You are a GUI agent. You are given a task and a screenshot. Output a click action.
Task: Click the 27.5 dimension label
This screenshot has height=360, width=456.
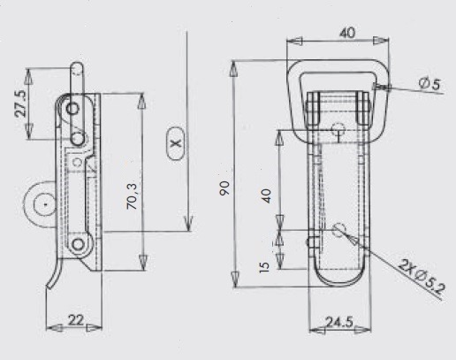pyautogui.click(x=20, y=103)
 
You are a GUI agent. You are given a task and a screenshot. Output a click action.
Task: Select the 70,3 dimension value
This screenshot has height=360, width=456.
pyautogui.click(x=132, y=196)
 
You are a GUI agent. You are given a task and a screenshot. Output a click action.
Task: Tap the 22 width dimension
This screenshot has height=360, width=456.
pyautogui.click(x=76, y=320)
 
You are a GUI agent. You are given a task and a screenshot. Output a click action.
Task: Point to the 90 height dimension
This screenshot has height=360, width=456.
pyautogui.click(x=224, y=188)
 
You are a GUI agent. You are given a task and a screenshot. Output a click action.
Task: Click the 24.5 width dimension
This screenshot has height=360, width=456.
pyautogui.click(x=339, y=322)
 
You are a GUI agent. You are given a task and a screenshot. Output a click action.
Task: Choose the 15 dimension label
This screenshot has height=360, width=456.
pyautogui.click(x=264, y=267)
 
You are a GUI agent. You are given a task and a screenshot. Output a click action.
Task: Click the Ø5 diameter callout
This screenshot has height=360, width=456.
pyautogui.click(x=429, y=84)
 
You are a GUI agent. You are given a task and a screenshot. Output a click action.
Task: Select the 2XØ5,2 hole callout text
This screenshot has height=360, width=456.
pyautogui.click(x=422, y=277)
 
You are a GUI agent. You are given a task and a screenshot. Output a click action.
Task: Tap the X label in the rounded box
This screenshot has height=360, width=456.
pyautogui.click(x=176, y=143)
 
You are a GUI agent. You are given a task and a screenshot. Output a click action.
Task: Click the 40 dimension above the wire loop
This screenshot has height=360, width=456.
pyautogui.click(x=347, y=33)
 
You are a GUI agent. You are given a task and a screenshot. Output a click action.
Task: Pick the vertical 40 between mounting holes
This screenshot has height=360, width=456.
pyautogui.click(x=266, y=196)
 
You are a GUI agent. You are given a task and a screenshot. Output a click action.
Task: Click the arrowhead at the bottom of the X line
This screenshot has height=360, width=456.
pyautogui.click(x=188, y=224)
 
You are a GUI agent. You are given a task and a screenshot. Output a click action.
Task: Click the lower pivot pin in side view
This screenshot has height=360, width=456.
pyautogui.click(x=78, y=244)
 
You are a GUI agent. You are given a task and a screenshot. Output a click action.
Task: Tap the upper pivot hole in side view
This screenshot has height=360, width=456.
pyautogui.click(x=72, y=109)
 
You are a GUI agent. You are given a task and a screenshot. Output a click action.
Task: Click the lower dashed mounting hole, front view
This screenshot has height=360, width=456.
pyautogui.click(x=339, y=229)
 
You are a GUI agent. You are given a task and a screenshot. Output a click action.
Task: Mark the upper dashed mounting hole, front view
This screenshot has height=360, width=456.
pyautogui.click(x=338, y=129)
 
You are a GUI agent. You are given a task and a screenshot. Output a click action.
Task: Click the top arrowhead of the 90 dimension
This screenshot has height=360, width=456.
pyautogui.click(x=233, y=68)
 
